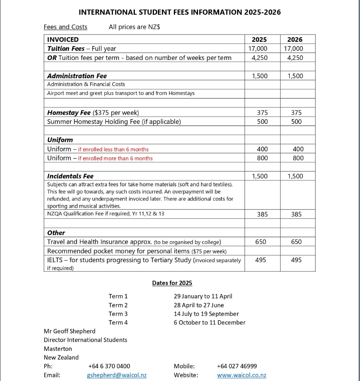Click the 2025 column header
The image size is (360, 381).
259,39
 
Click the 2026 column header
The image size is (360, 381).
295,39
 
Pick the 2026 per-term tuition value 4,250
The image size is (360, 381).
295,58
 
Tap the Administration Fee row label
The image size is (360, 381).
77,76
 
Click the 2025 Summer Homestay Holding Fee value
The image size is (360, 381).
262,122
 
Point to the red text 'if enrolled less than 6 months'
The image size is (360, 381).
113,149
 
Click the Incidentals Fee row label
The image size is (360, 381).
70,176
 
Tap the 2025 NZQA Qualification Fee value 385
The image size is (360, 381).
262,214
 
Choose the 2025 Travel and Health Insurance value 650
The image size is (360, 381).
261,242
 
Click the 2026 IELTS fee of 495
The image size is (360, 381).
296,260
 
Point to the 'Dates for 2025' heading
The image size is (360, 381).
172,283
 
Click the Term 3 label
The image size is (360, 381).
118,314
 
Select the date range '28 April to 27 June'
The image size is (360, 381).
198,305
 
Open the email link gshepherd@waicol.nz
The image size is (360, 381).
117,375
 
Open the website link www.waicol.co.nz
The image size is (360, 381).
241,375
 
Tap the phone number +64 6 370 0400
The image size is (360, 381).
109,366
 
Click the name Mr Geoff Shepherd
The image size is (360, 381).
70,331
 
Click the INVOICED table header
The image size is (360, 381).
63,39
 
